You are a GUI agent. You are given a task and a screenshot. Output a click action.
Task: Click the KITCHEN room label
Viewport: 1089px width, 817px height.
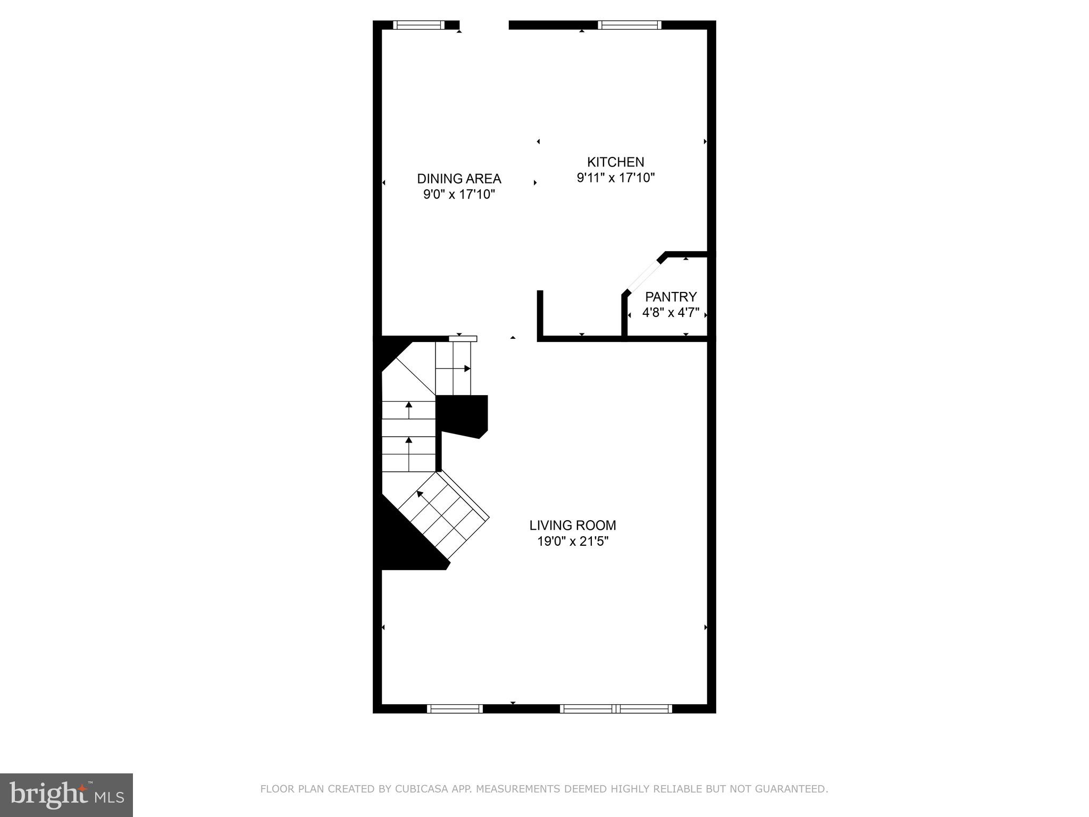click(615, 162)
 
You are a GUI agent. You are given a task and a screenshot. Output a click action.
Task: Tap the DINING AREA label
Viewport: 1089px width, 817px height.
click(459, 179)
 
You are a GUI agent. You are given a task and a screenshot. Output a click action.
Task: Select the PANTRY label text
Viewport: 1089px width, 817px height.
click(671, 297)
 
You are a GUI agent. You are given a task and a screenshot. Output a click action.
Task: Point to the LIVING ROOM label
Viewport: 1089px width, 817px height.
click(573, 526)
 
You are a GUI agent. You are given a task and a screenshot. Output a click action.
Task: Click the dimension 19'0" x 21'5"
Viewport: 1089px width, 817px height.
click(573, 542)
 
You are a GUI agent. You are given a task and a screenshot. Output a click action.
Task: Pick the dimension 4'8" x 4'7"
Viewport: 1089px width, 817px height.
click(671, 313)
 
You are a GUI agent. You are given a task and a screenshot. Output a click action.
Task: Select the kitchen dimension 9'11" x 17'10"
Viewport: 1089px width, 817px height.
click(615, 178)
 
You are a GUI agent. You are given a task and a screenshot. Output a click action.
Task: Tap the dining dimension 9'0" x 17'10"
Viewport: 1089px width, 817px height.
click(459, 195)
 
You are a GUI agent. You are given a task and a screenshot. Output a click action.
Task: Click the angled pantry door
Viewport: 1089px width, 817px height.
click(644, 276)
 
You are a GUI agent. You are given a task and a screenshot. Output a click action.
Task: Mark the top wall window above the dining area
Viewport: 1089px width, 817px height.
click(418, 25)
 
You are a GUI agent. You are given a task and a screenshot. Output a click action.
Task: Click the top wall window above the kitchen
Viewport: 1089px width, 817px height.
click(630, 25)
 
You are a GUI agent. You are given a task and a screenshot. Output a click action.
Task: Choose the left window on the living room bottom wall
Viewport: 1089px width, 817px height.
click(455, 708)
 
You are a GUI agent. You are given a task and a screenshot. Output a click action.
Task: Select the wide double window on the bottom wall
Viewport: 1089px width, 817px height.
click(616, 708)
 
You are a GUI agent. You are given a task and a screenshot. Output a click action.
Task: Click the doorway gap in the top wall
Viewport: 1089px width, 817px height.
click(484, 25)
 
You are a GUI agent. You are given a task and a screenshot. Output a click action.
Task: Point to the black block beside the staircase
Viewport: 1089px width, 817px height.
click(461, 415)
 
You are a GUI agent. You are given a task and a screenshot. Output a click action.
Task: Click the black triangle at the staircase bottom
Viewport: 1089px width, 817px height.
click(404, 548)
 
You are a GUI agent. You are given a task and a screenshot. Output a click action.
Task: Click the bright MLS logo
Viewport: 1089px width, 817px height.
click(66, 795)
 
